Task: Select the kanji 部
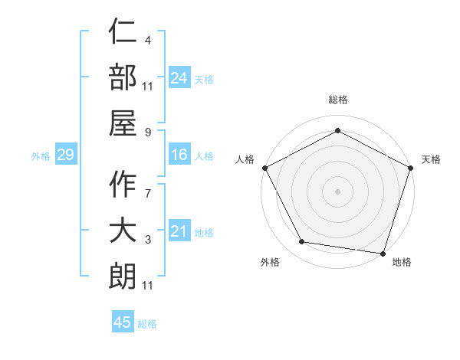click(x=123, y=79)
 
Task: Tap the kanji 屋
click(x=123, y=123)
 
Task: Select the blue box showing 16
click(x=179, y=155)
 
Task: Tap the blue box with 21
click(x=179, y=231)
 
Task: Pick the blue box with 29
click(x=65, y=155)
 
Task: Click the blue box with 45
click(x=123, y=322)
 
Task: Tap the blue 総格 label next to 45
click(x=147, y=324)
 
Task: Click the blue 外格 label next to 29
click(x=41, y=156)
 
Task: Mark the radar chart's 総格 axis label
click(x=337, y=100)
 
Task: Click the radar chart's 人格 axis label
click(x=245, y=159)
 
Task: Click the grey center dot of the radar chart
click(x=337, y=191)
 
